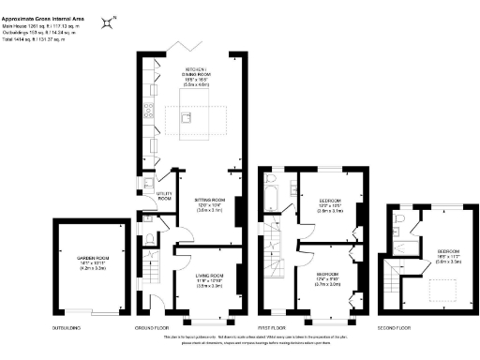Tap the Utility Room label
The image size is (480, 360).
click(165, 197)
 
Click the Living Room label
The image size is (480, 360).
click(208, 279)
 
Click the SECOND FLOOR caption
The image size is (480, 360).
click(395, 328)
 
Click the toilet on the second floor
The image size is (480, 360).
click(398, 222)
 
